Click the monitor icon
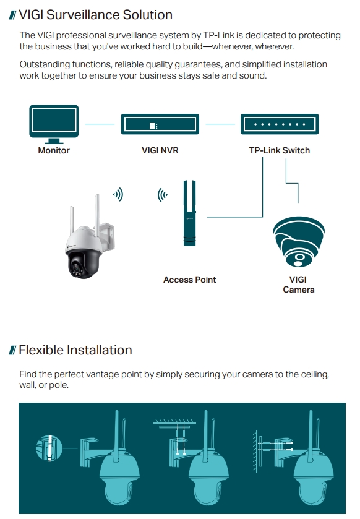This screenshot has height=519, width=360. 54,124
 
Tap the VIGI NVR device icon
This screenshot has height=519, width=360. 160,124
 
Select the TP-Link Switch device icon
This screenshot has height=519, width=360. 280,124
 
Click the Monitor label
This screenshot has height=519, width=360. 54,150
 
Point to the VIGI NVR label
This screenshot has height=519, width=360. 160,150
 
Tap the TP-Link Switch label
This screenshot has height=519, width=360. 280,150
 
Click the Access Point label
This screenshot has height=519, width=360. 190,280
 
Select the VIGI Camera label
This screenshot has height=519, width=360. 299,285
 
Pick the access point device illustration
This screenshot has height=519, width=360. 189,213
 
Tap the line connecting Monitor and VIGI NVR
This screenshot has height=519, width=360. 100,124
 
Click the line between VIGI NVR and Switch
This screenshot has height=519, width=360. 220,124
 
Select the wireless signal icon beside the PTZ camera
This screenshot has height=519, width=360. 118,195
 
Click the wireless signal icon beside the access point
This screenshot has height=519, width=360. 163,195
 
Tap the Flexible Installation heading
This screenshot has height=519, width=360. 75,350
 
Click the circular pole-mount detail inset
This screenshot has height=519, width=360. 49,448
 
